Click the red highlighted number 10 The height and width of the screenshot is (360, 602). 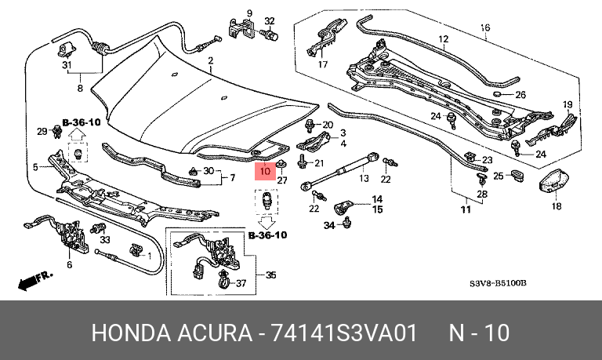[x=265, y=170]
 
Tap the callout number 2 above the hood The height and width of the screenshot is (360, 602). [x=211, y=60]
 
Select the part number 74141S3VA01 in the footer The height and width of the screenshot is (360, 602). [x=344, y=333]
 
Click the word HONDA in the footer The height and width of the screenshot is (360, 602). [x=131, y=333]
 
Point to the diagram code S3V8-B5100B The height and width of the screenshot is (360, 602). [x=499, y=284]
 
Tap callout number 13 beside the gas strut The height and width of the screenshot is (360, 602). [x=364, y=178]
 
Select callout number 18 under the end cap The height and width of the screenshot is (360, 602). [x=557, y=206]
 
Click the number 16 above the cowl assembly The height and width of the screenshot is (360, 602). [x=485, y=27]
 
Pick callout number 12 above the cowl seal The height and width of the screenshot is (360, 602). [x=444, y=39]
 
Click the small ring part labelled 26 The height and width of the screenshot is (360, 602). [x=497, y=94]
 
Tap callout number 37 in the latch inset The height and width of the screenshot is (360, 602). [x=241, y=284]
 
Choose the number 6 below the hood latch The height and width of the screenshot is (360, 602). [x=69, y=265]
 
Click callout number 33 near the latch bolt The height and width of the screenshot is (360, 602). [x=105, y=240]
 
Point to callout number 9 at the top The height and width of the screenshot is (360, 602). [x=249, y=14]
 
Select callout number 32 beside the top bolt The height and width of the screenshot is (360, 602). [x=270, y=21]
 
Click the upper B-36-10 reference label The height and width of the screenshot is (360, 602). [x=82, y=122]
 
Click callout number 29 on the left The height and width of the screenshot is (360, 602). [x=42, y=132]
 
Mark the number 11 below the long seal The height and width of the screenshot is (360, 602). [x=466, y=209]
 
